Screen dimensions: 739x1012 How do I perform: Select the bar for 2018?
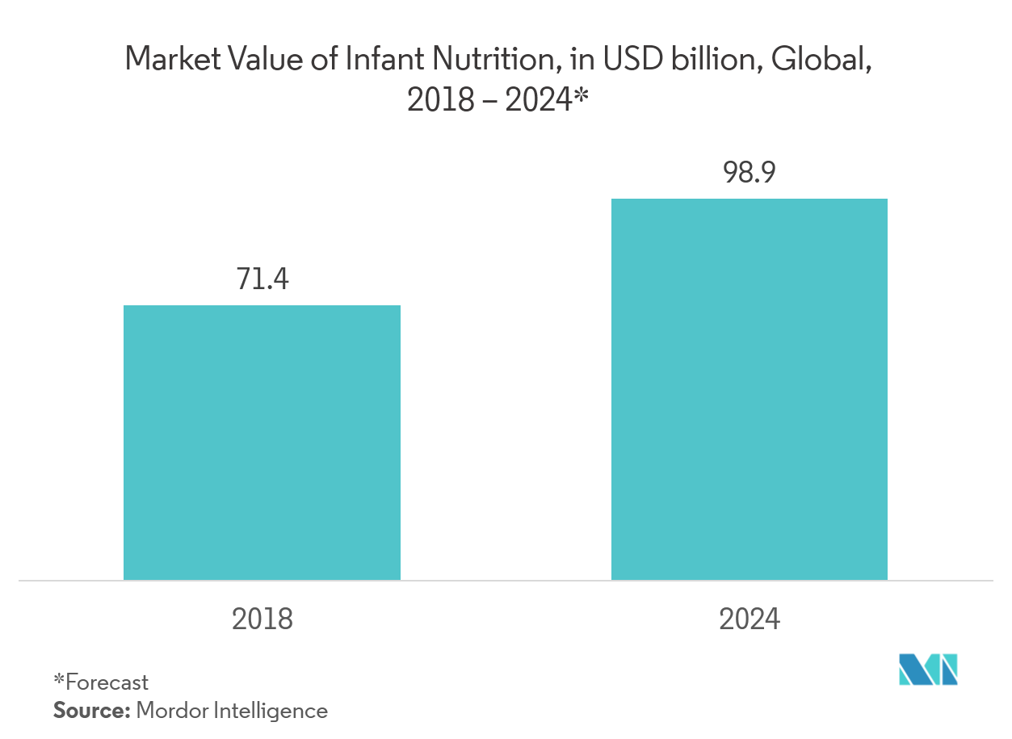point(262,442)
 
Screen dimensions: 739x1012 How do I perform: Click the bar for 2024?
point(749,388)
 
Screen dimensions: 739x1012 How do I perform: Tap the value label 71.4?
point(262,279)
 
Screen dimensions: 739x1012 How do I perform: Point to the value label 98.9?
point(749,173)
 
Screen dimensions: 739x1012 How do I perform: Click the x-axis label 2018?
point(262,619)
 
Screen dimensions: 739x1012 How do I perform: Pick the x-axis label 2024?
point(750,619)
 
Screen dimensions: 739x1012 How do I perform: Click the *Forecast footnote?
point(101,682)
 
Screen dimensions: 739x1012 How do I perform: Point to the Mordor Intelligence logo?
point(929,669)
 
